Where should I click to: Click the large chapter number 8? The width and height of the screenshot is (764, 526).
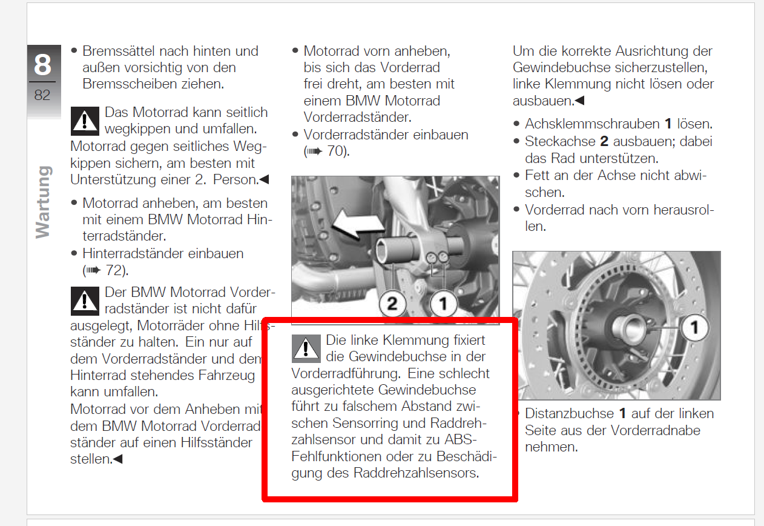(42, 64)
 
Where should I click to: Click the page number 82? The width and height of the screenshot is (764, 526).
(42, 95)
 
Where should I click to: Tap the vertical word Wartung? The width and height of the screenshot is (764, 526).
(44, 202)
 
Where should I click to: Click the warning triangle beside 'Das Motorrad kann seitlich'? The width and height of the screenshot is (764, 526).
(85, 121)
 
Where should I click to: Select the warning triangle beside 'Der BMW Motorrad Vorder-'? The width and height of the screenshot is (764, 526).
(85, 301)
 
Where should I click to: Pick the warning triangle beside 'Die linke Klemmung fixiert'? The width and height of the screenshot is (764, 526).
(306, 348)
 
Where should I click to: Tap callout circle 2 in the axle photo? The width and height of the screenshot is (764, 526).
(392, 304)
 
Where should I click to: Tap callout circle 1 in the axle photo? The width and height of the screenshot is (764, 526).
(443, 304)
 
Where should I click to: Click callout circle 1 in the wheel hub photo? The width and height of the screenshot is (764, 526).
(694, 328)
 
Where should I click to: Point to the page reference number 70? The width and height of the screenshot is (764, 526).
(335, 151)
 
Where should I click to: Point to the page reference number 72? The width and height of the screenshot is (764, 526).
(114, 270)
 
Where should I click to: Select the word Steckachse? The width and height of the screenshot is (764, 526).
(560, 141)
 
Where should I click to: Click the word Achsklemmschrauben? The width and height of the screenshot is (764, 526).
(593, 124)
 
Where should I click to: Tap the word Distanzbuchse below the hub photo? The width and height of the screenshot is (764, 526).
(569, 413)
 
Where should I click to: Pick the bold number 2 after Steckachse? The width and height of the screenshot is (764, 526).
(604, 141)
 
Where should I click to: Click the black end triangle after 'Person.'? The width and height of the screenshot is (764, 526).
(265, 179)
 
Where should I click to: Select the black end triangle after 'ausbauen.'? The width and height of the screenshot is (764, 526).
(579, 101)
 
